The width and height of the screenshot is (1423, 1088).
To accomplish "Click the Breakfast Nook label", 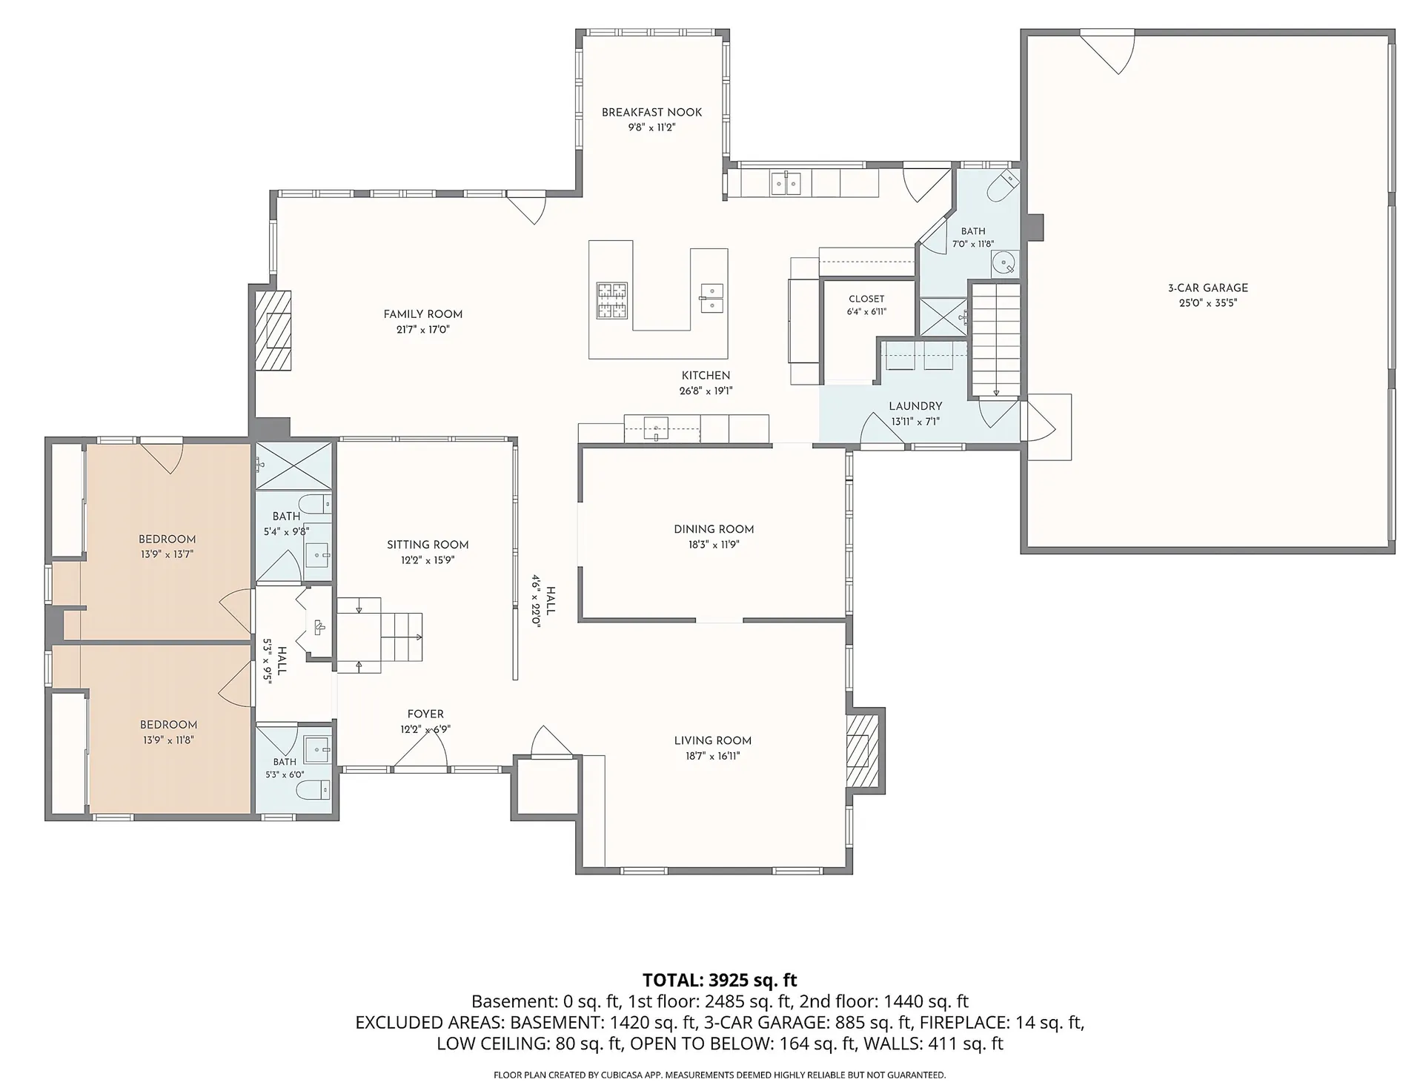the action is (651, 113).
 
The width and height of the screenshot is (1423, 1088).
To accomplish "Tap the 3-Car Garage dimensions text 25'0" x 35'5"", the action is (1208, 303).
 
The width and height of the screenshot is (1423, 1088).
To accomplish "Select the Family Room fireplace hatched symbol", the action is (273, 331).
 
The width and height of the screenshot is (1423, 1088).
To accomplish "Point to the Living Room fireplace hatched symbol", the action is (863, 752).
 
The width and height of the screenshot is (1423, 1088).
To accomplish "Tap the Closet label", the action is (866, 299).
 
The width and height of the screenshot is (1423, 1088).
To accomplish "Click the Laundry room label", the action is (915, 406).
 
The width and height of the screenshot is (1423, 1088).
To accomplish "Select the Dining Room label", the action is (714, 529).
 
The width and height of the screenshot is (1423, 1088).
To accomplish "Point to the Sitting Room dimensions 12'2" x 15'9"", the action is (428, 560).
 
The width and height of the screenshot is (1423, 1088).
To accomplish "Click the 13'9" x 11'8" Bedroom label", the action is (169, 725).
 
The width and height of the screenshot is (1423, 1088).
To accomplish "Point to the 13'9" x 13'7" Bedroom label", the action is (167, 539).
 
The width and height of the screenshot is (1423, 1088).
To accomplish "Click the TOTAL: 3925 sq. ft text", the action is (720, 980).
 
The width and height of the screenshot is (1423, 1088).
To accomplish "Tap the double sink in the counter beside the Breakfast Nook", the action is (786, 182).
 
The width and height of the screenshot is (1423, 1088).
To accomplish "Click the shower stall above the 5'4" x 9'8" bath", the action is (293, 465).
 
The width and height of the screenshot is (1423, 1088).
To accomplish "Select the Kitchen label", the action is (706, 376).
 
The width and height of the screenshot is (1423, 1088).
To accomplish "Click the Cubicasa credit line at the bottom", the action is (720, 1075).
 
